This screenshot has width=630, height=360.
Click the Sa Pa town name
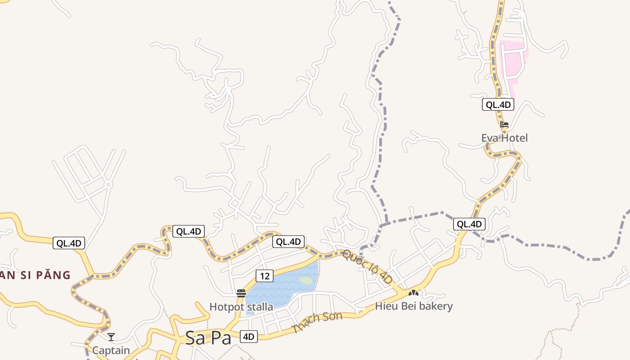coord(208,338)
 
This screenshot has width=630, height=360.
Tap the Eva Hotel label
coord(504,138)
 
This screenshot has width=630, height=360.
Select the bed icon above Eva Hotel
coord(504,125)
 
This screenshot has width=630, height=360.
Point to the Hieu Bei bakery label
coord(414,306)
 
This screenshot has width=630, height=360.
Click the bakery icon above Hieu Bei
coord(413,293)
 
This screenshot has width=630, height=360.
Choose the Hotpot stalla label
coord(241,307)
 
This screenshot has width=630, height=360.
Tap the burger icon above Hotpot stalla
coord(241,294)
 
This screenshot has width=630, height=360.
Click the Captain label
coord(111,350)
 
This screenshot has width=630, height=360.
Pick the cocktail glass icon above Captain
coord(111,337)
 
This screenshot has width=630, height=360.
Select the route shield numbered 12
coord(265,276)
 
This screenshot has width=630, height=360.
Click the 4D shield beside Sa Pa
coord(249,336)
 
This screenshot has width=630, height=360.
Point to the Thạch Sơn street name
coord(317,322)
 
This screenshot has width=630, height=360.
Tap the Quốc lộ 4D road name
coord(367,267)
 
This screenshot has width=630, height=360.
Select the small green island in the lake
coord(306,280)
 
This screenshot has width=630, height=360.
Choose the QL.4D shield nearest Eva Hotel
coord(498,105)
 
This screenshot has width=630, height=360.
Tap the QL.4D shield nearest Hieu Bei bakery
coord(469,224)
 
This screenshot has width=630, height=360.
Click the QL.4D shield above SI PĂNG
coord(69,243)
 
